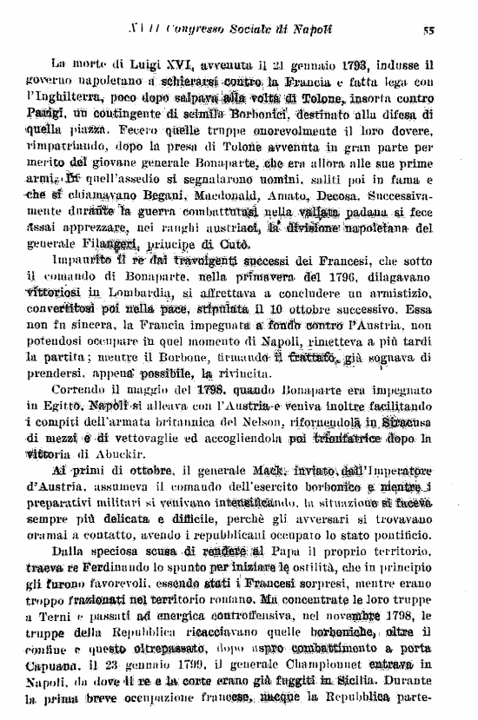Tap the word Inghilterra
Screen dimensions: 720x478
click(69, 96)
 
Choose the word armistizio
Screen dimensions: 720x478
click(401, 294)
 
